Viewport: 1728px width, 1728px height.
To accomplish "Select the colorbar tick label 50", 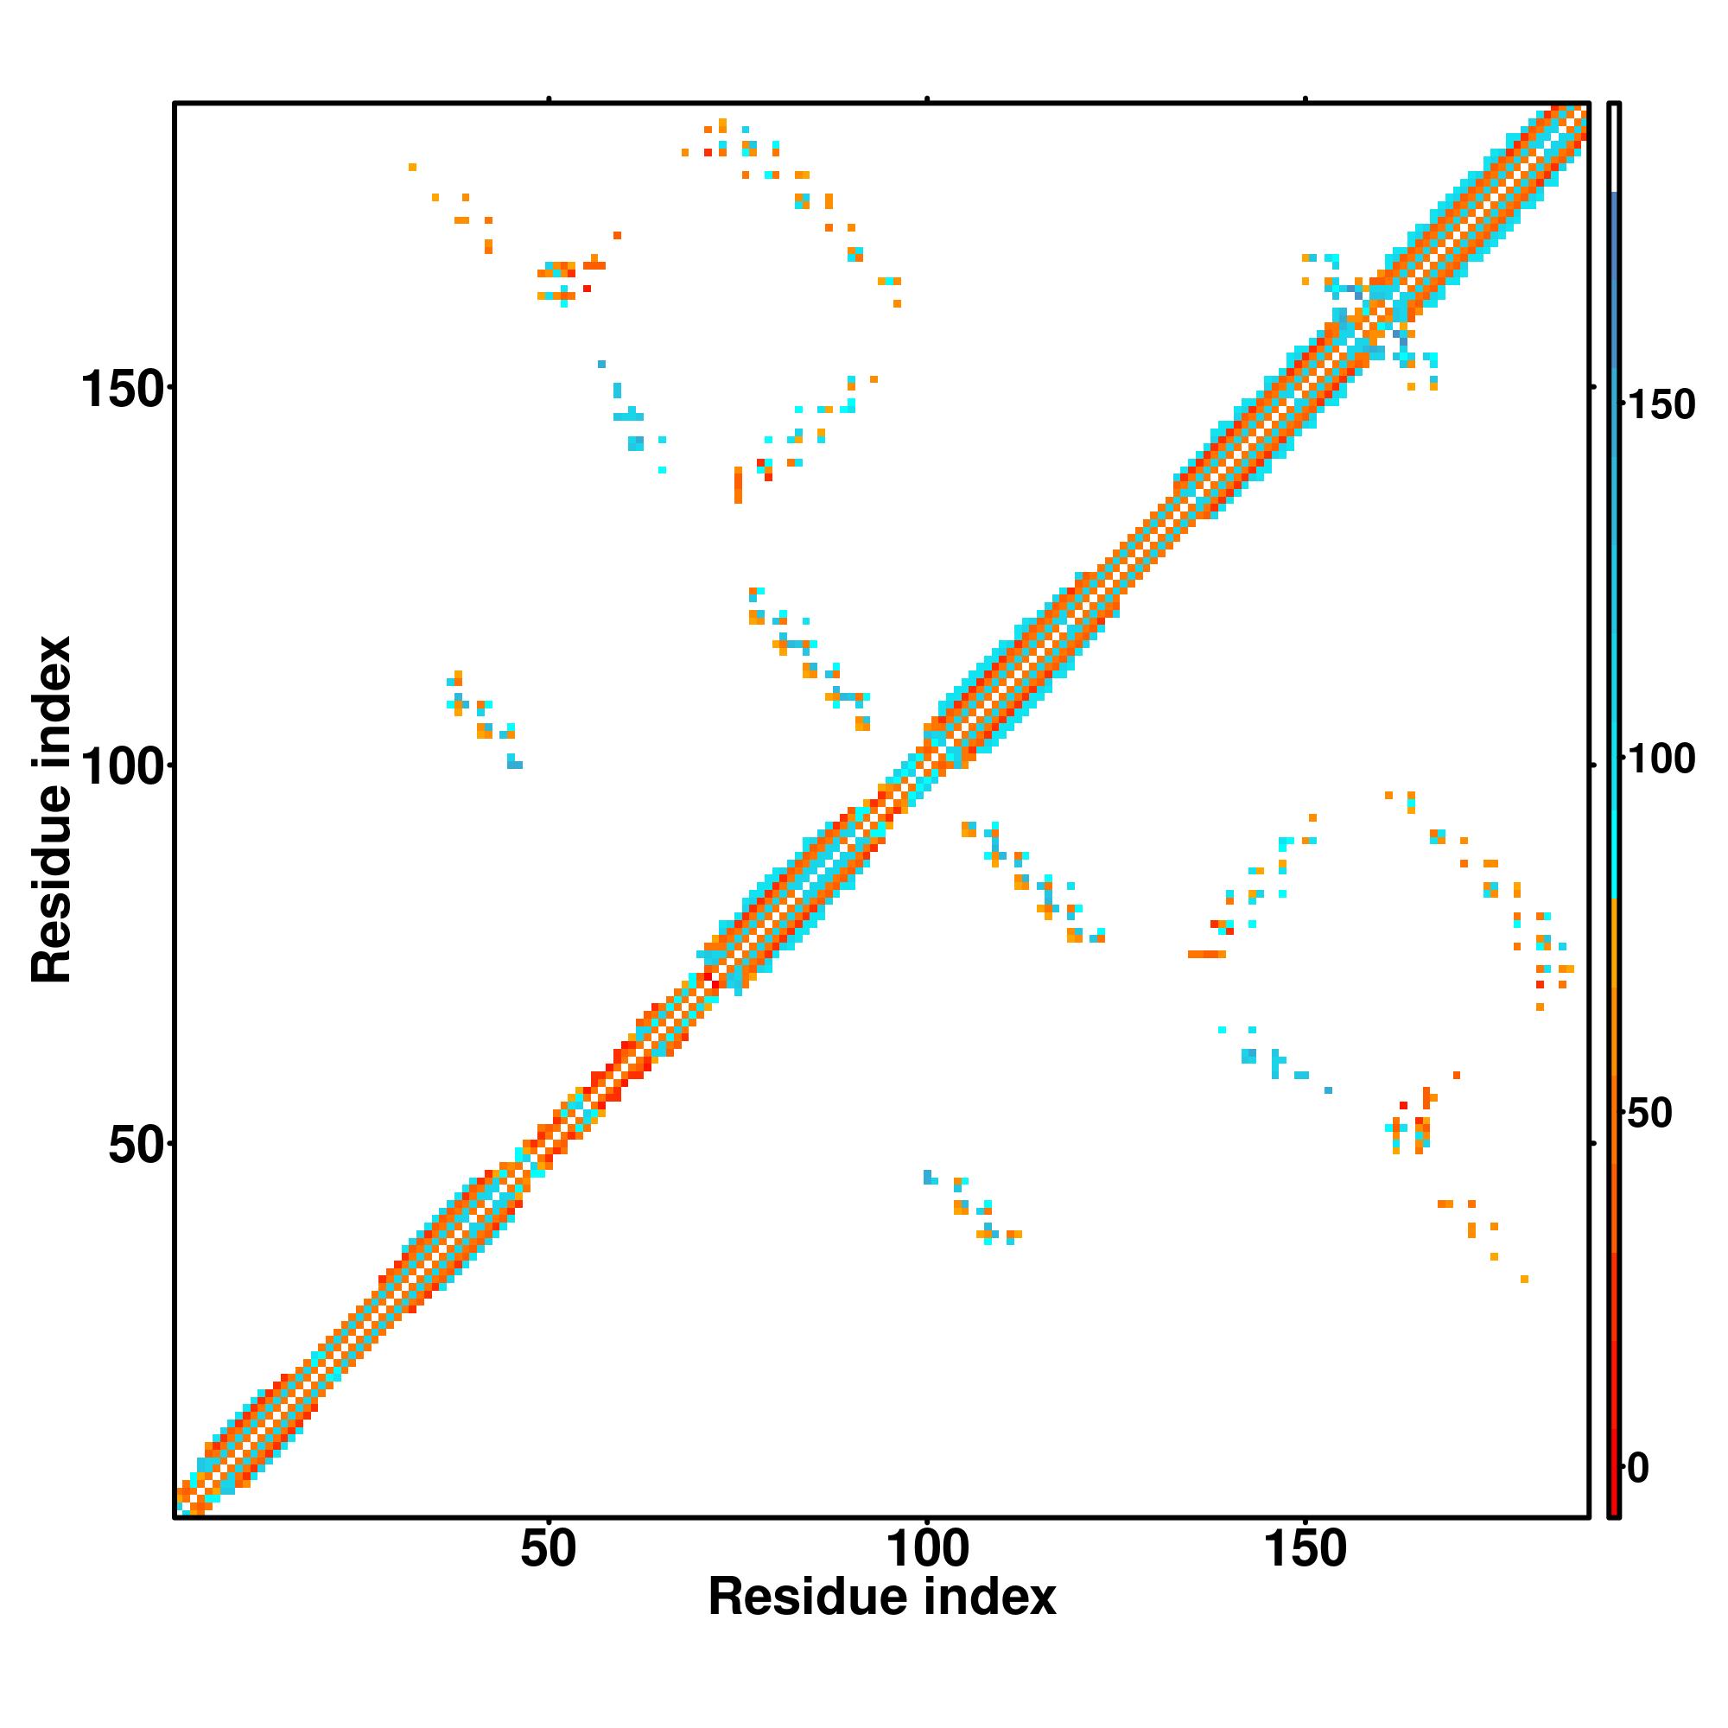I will (1649, 1114).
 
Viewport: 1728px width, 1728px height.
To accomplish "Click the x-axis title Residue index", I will (882, 1598).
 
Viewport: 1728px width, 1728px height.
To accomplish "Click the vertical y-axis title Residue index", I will (51, 810).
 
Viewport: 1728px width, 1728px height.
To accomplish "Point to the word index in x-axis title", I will (990, 1598).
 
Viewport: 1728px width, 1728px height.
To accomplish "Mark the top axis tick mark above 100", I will (927, 99).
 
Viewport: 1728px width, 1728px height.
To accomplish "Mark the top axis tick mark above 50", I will (550, 99).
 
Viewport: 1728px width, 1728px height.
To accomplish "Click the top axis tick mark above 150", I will (1306, 99).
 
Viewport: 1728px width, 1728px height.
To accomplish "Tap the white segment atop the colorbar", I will (1615, 148).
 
